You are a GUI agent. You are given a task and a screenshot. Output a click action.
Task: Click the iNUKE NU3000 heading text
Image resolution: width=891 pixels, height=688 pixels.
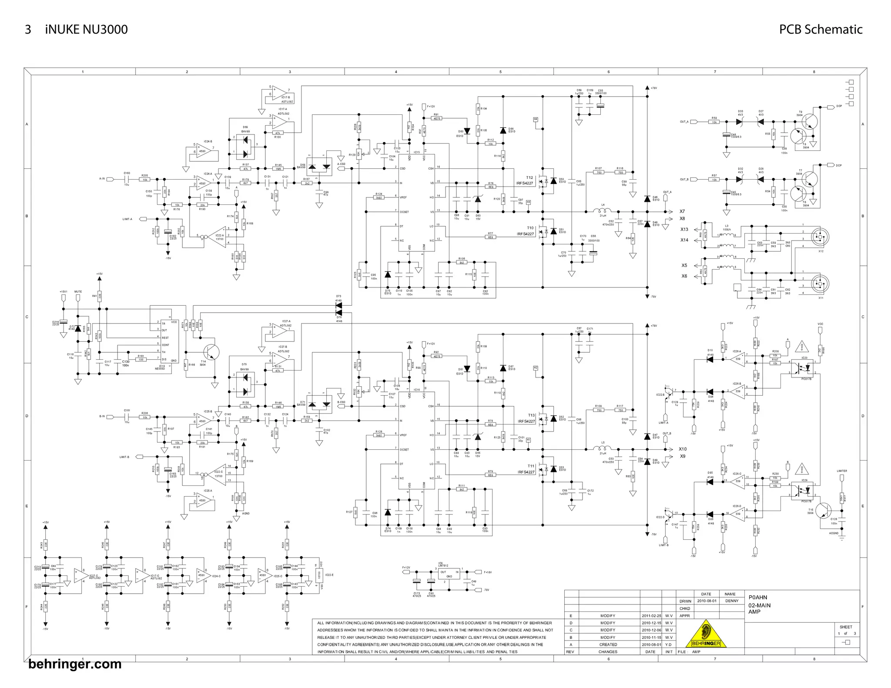coord(86,30)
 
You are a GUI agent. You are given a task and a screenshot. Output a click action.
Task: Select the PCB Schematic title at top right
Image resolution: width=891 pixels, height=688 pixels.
coord(821,30)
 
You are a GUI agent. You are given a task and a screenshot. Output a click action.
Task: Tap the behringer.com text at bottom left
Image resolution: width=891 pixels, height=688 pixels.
coord(75,664)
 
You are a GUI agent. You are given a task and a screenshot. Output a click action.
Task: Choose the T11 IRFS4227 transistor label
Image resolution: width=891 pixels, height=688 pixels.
coord(526,469)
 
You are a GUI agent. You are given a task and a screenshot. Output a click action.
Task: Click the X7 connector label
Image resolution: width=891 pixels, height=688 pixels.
coord(682,211)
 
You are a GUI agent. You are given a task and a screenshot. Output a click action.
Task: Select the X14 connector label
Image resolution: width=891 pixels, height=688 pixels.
coord(684,240)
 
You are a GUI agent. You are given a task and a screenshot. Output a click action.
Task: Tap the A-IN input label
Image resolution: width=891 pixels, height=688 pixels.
coord(102,179)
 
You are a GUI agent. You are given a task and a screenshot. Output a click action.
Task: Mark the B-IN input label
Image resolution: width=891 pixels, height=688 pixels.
coord(102,416)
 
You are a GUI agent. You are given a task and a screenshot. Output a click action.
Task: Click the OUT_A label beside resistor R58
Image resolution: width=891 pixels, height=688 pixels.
coord(684,122)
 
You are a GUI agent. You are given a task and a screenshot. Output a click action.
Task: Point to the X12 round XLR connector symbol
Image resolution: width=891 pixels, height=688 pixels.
coord(821,237)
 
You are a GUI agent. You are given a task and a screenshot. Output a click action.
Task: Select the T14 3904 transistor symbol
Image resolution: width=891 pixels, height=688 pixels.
coord(211,352)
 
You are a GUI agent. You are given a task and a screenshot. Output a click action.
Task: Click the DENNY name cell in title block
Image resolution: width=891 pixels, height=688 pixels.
coord(732,601)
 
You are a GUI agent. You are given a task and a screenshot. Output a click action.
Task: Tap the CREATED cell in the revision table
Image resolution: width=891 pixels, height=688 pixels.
coord(608,645)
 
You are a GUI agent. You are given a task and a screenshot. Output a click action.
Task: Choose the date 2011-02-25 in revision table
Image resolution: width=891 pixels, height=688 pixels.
coord(651,616)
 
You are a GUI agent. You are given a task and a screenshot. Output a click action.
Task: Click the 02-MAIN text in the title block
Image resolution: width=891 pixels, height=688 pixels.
coord(759,605)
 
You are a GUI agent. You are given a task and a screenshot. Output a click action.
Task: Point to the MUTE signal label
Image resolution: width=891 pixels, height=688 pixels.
coord(78,292)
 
